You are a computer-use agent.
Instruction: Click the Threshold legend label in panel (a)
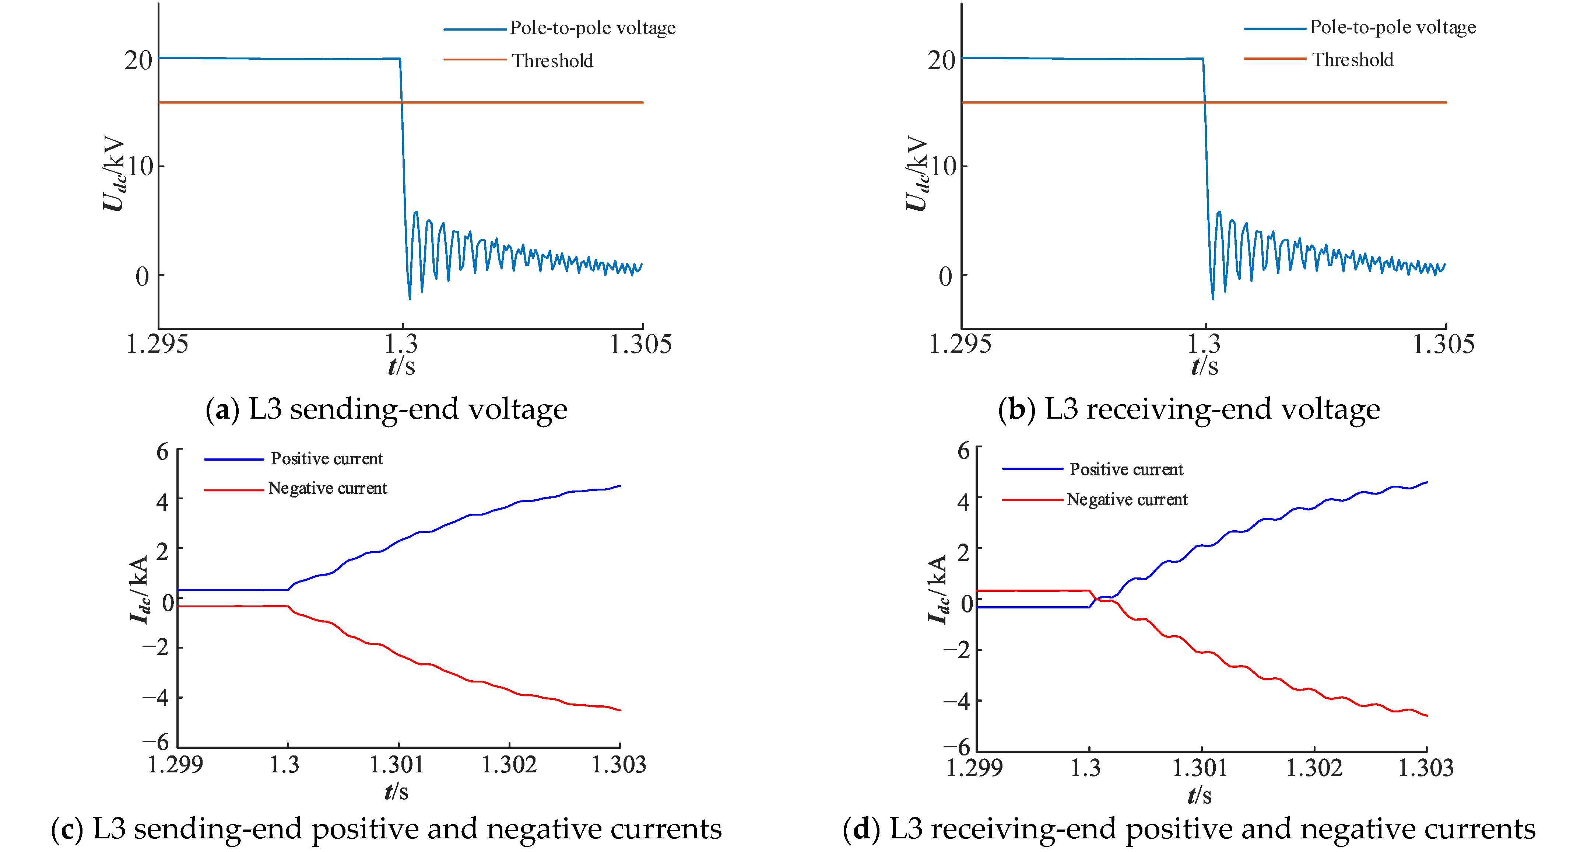point(552,60)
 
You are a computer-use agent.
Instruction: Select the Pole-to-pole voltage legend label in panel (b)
point(1392,27)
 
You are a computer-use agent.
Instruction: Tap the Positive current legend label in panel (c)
point(327,458)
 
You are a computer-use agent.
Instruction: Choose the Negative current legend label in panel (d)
point(1127,499)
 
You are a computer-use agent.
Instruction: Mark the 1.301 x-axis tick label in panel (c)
point(397,765)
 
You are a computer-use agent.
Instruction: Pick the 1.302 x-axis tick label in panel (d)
point(1314,768)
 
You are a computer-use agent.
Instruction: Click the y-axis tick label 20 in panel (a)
point(138,60)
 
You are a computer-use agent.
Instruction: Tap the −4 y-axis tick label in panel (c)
point(155,698)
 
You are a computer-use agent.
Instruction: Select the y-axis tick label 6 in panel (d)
point(963,451)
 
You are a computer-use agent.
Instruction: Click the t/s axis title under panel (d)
point(1199,795)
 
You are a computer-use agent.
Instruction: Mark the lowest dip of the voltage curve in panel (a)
point(410,298)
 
